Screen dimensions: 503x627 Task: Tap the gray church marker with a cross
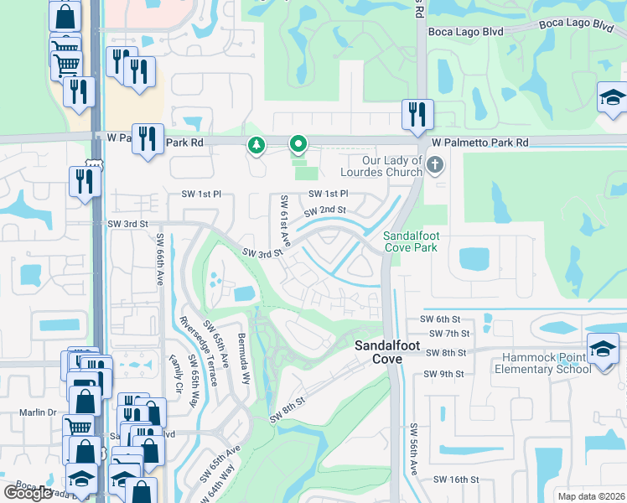(434, 164)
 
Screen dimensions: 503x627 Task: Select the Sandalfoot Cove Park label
(412, 242)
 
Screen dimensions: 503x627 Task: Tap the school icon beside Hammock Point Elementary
(603, 348)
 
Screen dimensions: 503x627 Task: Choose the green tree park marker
(256, 146)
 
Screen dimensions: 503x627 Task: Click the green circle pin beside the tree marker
(297, 146)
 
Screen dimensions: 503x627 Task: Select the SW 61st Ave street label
(284, 220)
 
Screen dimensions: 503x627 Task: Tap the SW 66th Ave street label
(159, 260)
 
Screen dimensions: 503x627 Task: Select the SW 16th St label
(456, 480)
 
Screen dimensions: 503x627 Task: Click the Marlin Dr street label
(38, 412)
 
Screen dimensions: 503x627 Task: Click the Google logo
(28, 492)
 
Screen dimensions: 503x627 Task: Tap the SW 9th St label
(443, 374)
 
